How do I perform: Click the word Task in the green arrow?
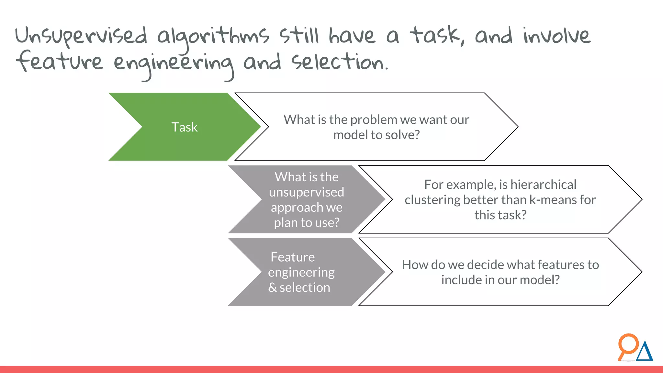[x=184, y=127]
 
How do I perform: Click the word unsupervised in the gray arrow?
[x=306, y=192]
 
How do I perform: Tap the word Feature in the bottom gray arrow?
[x=293, y=257]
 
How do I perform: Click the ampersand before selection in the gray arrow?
[x=272, y=288]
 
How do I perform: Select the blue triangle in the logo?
[x=645, y=353]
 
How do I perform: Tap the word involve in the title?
[x=557, y=36]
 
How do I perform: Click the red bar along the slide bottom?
[x=331, y=369]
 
